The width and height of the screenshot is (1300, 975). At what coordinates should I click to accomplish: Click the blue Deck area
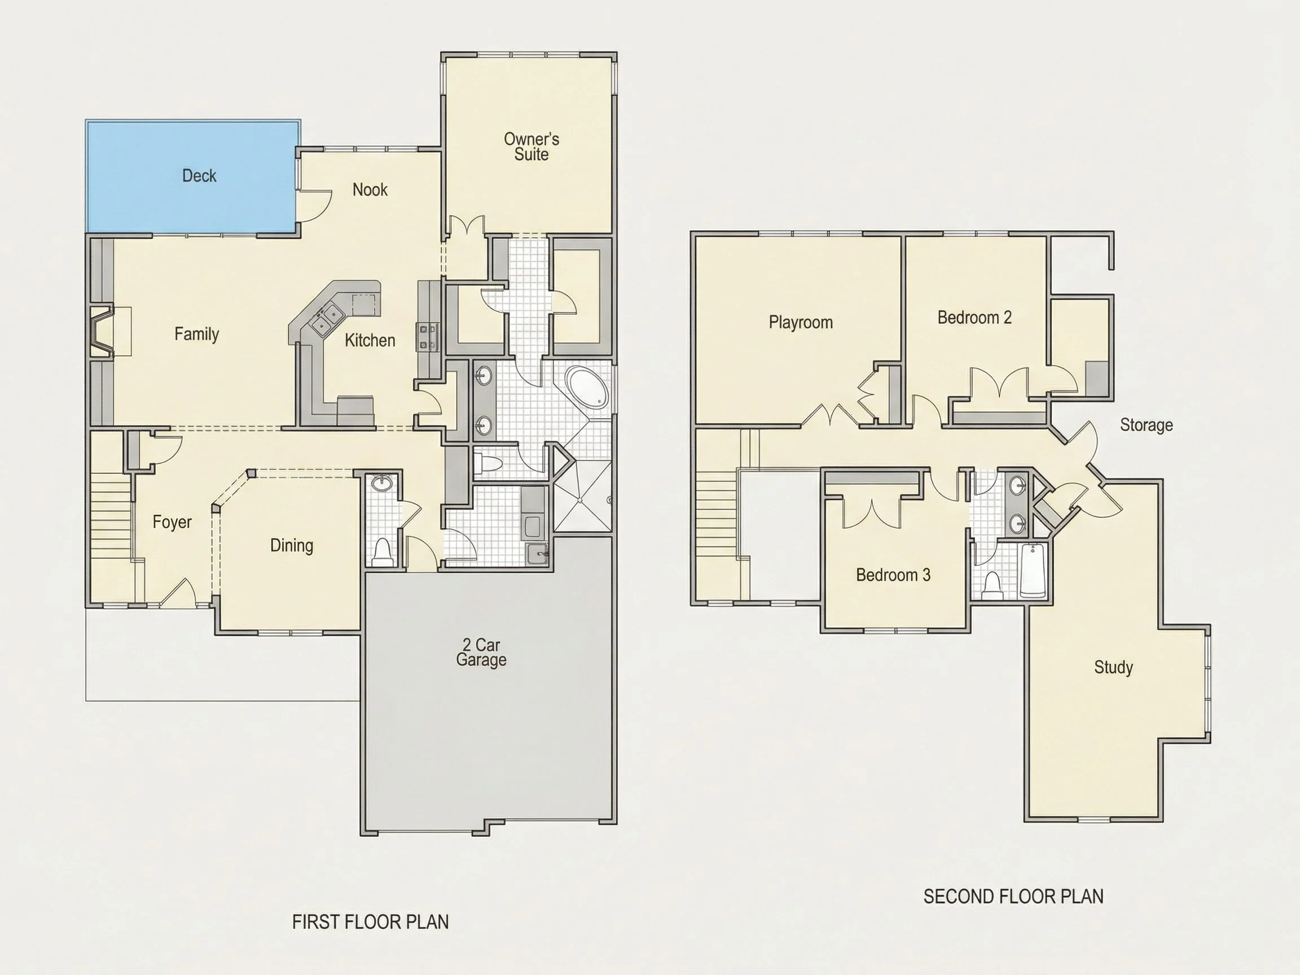pyautogui.click(x=192, y=176)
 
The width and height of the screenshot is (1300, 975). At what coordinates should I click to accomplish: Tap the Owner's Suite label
pyautogui.click(x=532, y=146)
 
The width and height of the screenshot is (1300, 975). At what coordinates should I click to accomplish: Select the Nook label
pyautogui.click(x=370, y=189)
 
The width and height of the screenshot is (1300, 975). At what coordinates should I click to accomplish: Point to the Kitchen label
pyautogui.click(x=370, y=340)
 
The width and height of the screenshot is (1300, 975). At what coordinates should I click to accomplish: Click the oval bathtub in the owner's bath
pyautogui.click(x=588, y=387)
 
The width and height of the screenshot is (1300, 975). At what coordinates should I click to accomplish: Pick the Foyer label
pyautogui.click(x=172, y=522)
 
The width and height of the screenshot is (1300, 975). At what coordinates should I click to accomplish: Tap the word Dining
pyautogui.click(x=292, y=545)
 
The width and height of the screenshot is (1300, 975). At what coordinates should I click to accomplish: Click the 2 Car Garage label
pyautogui.click(x=481, y=652)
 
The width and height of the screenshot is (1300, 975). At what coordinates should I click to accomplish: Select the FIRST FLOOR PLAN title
pyautogui.click(x=370, y=921)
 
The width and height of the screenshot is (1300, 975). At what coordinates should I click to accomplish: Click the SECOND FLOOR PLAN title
pyautogui.click(x=1013, y=896)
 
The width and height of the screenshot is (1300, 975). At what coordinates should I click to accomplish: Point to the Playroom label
pyautogui.click(x=801, y=322)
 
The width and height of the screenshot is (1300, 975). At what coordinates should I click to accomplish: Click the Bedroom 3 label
pyautogui.click(x=893, y=574)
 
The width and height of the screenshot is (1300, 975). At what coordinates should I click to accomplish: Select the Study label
pyautogui.click(x=1113, y=667)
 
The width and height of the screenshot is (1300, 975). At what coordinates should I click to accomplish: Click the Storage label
pyautogui.click(x=1146, y=425)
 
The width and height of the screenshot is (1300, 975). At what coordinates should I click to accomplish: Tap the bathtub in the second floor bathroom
pyautogui.click(x=1033, y=570)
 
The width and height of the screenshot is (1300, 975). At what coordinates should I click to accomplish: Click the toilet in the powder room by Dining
pyautogui.click(x=383, y=552)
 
